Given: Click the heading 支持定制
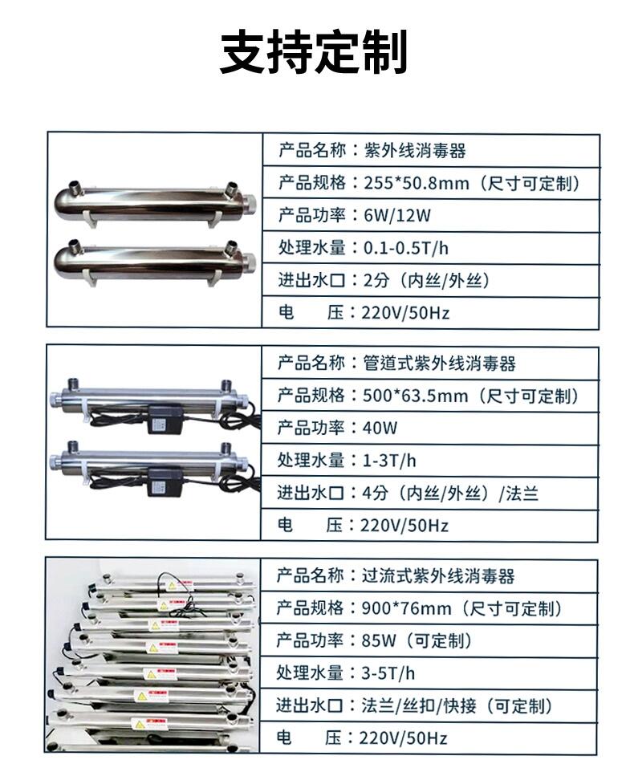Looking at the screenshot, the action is click(314, 51).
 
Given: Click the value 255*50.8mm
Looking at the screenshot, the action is click(417, 183).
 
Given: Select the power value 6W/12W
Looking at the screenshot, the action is click(397, 216).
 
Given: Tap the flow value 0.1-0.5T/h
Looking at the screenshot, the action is click(406, 248).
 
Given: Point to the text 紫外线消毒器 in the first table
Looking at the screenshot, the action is click(414, 150).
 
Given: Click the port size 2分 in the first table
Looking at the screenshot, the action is click(376, 281).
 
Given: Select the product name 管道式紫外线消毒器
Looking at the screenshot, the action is click(439, 364).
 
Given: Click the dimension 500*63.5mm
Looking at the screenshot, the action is click(416, 396).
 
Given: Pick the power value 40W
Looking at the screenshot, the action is click(380, 428).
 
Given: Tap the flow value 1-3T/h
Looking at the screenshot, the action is click(389, 461).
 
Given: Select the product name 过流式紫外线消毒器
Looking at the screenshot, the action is click(438, 576).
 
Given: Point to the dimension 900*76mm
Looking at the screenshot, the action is click(406, 608).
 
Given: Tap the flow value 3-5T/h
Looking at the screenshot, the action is click(388, 673).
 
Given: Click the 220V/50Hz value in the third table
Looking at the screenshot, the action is click(403, 738).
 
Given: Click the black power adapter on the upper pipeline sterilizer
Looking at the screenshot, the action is click(165, 419).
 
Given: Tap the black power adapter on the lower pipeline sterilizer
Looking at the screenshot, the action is click(165, 482).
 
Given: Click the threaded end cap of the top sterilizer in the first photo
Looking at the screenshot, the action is click(249, 201).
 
